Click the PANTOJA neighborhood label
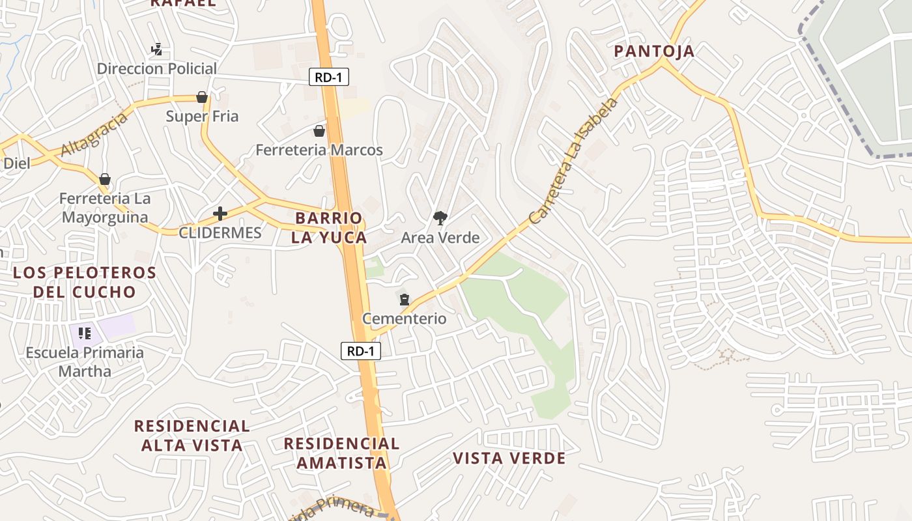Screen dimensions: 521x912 coord(655,51)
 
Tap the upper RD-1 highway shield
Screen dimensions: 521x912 coord(328,77)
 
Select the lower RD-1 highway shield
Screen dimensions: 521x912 coord(361,352)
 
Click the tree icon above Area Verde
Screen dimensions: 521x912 coord(440,218)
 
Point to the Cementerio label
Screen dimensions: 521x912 coord(404,318)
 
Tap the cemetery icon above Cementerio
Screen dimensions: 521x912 coord(405,300)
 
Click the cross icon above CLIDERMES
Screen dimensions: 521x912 coord(220,214)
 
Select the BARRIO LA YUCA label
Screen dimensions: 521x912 coord(329,227)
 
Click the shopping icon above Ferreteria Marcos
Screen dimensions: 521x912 coord(319,131)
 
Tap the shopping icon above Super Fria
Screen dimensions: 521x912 coord(202,98)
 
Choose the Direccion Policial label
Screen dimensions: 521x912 coord(157,68)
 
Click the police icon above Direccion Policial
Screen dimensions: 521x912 coord(156,49)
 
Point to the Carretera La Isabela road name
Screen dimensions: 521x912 coord(573,162)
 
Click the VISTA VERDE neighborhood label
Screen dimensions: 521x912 coord(509,458)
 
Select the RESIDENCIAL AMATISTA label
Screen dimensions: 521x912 coord(342,453)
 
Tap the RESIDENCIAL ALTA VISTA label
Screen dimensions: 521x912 coord(192,436)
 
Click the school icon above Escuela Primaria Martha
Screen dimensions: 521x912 coord(84,333)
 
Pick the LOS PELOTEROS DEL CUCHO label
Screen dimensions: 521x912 coord(85,281)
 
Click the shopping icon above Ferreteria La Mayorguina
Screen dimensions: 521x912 coord(105,179)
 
